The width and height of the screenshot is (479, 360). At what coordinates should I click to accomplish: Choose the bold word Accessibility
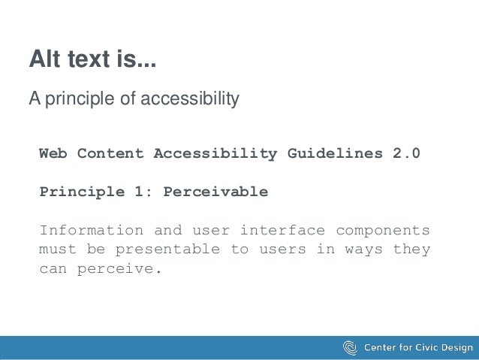[x=215, y=153]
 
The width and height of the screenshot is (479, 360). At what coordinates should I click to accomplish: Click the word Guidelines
[x=335, y=153]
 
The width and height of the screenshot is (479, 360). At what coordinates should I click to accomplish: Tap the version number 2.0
[x=407, y=153]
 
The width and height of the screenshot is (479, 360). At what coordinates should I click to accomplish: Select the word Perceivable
[x=215, y=192]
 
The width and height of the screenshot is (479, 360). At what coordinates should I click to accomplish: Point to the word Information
[x=91, y=230]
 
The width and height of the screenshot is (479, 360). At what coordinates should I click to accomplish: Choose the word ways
[x=363, y=249]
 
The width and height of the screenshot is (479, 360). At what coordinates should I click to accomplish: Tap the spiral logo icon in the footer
[x=350, y=347]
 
